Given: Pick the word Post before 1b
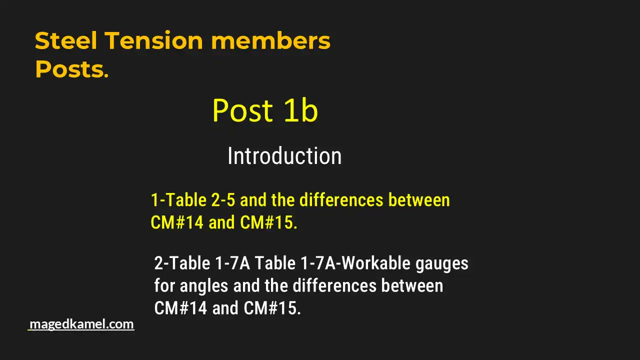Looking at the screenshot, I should (x=242, y=110).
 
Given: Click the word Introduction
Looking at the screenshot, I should (x=284, y=156).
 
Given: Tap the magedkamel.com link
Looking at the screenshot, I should (x=81, y=324).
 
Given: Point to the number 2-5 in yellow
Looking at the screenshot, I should (x=223, y=200).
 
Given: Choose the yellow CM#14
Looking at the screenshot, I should (x=177, y=222).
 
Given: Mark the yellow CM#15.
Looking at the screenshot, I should (x=268, y=222).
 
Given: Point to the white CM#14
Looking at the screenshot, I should (x=180, y=308).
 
